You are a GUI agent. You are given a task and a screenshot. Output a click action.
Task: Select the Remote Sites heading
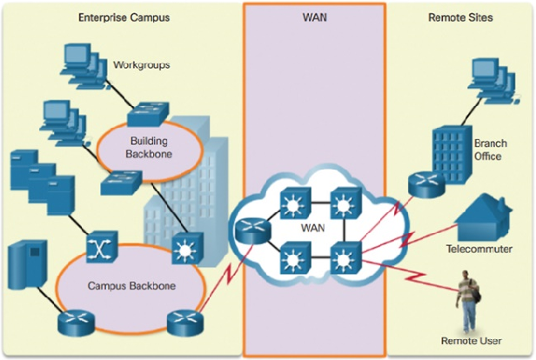(x=460, y=17)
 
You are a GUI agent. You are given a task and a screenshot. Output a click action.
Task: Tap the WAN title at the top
(x=313, y=17)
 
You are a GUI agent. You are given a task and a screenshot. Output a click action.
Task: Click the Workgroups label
(x=142, y=65)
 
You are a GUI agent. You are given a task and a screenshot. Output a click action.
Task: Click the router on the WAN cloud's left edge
(x=250, y=230)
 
